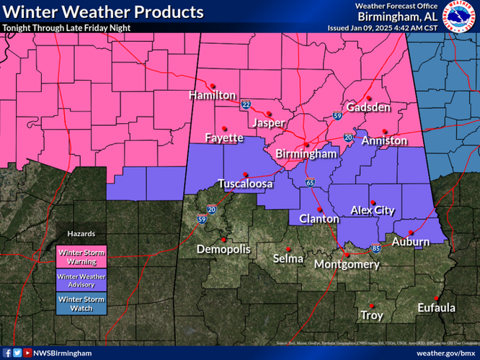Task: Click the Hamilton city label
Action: (213, 95)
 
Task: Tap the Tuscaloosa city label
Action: (245, 184)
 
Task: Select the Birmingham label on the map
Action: (306, 154)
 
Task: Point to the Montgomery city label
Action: (347, 264)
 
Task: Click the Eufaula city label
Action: (436, 308)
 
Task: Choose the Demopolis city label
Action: (224, 249)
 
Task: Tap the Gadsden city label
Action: (368, 107)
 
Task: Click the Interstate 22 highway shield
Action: (246, 106)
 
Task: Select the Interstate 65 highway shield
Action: (308, 182)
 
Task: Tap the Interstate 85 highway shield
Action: (376, 249)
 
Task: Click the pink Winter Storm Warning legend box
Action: (81, 255)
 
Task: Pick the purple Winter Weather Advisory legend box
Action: (81, 280)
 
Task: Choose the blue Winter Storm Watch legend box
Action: (81, 304)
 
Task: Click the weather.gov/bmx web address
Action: (446, 353)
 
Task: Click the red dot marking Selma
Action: (288, 248)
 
